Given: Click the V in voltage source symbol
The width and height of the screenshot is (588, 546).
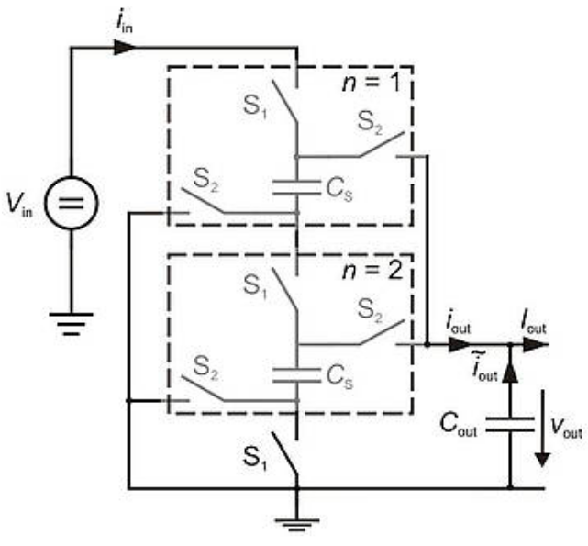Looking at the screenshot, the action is pos(72,203).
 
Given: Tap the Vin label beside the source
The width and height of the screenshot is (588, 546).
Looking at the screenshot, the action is pos(19,206).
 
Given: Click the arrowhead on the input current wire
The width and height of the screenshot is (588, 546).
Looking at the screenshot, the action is pos(125,48).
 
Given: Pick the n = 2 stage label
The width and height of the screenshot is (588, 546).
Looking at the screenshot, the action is pos(372,271).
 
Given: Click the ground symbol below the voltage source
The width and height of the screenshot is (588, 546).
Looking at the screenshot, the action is pos(72,324).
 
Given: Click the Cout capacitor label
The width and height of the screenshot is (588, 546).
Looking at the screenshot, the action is pos(459,425).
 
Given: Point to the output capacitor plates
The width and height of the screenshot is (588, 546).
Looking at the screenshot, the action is pos(510,425).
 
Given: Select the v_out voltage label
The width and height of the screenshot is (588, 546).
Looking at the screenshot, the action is pos(566,429).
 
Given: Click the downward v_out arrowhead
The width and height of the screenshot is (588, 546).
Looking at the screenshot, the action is pos(542,460).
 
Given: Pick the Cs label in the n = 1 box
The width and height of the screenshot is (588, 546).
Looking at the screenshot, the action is pos(339,190).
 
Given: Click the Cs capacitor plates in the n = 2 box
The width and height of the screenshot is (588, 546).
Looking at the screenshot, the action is pos(296,375).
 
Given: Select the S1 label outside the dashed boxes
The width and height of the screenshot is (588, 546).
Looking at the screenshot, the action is pos(255,458).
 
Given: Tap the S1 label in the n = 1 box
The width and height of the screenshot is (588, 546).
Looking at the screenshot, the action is pos(255,107).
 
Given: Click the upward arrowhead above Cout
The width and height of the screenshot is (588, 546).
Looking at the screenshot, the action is pos(510,373).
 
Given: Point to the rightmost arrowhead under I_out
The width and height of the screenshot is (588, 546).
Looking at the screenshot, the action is pos(534,344).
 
